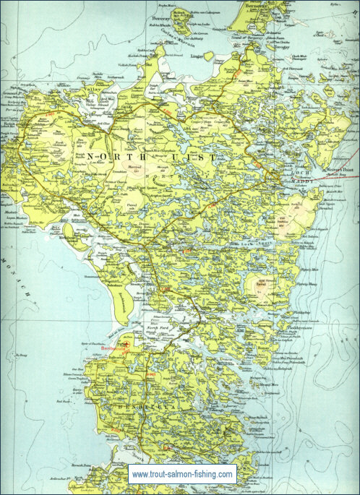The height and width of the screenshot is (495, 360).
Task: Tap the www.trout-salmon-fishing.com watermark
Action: (182, 474)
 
